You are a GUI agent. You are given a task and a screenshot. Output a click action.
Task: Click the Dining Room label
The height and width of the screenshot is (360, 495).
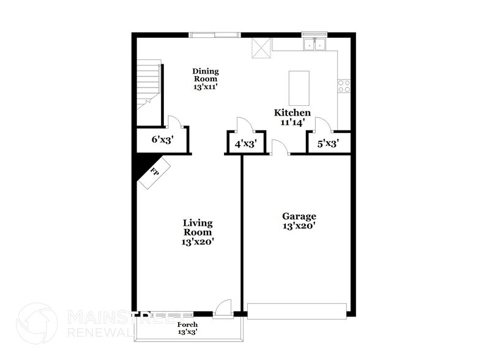pyautogui.click(x=206, y=79)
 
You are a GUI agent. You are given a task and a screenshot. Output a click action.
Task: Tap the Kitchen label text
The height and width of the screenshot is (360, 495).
pyautogui.click(x=292, y=118)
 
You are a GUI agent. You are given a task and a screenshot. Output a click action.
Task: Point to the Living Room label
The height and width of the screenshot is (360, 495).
pyautogui.click(x=197, y=232)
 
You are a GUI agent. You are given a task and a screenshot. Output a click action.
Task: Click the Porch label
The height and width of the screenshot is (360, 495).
pyautogui.click(x=187, y=328)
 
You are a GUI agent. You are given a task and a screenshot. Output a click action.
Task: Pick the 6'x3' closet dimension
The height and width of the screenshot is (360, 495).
pyautogui.click(x=163, y=140)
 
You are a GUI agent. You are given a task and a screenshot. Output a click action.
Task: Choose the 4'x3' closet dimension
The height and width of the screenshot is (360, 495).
pyautogui.click(x=245, y=144)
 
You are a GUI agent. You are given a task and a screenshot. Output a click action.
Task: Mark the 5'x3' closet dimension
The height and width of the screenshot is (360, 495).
pyautogui.click(x=328, y=144)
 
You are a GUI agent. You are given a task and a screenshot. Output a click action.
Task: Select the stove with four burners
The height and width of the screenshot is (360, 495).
pyautogui.click(x=344, y=86)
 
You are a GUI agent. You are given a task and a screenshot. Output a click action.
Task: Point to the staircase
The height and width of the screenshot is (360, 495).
pyautogui.click(x=147, y=84)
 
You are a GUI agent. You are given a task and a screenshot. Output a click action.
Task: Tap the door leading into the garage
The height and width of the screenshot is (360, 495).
pyautogui.click(x=279, y=148)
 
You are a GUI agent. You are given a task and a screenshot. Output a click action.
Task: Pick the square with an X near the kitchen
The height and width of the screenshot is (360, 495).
pyautogui.click(x=262, y=48)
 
